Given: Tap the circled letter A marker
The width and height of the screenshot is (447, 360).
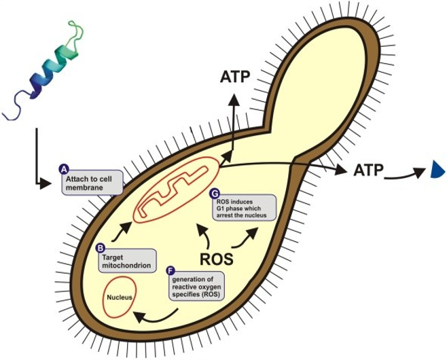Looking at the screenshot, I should pyautogui.click(x=64, y=168).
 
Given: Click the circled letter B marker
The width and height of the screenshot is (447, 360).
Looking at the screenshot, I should pyautogui.click(x=100, y=249).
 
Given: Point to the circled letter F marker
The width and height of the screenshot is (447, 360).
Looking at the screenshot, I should pyautogui.click(x=170, y=270).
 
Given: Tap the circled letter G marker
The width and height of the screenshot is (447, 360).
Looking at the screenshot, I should pyautogui.click(x=215, y=193).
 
